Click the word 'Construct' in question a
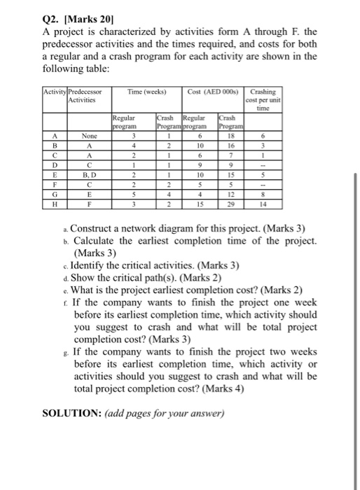pos(94,229)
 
